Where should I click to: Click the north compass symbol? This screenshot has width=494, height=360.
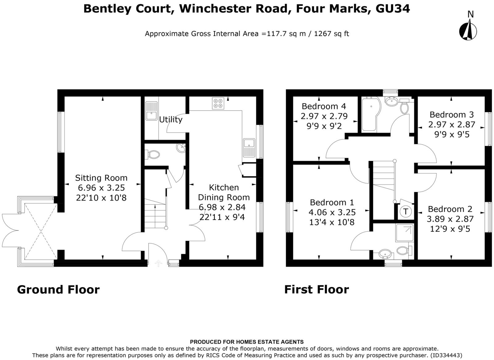point(468,30)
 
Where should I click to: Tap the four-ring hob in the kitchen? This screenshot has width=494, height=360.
point(218,103)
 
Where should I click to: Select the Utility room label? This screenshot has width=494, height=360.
point(170,119)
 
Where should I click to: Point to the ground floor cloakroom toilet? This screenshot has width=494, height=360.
point(153,154)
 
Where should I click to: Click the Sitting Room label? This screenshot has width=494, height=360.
point(101,178)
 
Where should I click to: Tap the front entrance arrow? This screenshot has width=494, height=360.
point(158,263)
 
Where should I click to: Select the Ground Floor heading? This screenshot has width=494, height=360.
point(58,290)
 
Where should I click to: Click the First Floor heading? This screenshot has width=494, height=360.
point(316,290)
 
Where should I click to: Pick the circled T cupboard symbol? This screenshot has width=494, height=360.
point(405,212)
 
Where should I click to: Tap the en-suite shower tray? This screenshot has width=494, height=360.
point(404,233)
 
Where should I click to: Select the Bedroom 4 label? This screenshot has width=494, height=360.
point(324,106)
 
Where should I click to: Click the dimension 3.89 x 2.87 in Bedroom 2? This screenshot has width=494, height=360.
point(450,219)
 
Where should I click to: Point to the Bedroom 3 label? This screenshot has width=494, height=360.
point(451,115)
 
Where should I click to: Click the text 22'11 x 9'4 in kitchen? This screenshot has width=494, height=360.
point(222,217)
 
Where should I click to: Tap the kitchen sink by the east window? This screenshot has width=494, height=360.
point(249,147)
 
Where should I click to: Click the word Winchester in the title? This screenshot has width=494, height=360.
point(233,9)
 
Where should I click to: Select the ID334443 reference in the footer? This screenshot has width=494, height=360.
point(446,355)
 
